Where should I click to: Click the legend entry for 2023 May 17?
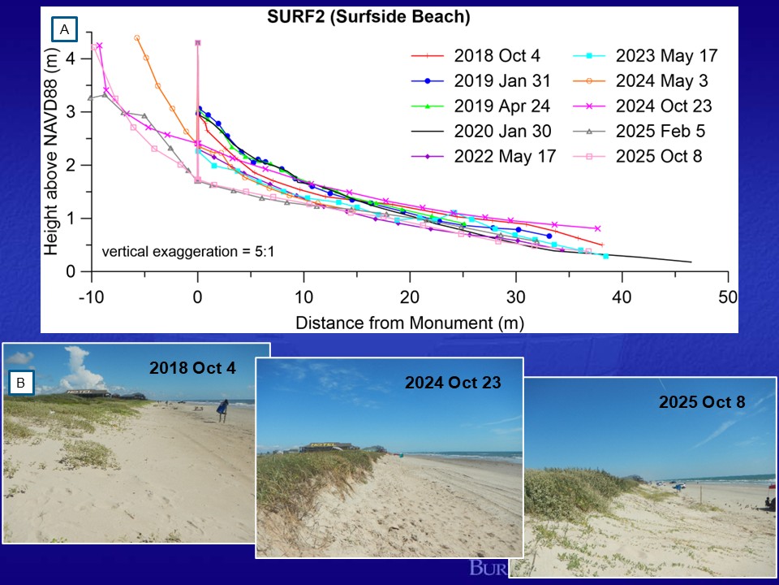pos(666,56)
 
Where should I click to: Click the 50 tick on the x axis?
pos(728,297)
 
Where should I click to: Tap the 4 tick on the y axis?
pos(71,58)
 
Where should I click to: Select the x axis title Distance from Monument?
pos(409,322)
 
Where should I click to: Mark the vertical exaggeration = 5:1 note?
pos(188,252)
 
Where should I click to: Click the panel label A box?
pos(64,31)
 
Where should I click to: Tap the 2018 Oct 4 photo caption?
pos(192,367)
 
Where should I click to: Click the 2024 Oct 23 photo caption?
pos(453,382)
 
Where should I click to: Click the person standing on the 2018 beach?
pos(222,410)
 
